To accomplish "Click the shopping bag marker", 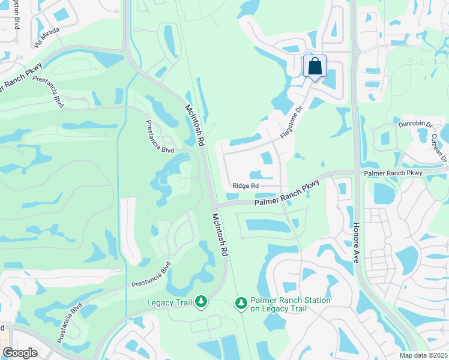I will [315, 67].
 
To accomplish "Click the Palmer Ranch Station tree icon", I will [241, 304].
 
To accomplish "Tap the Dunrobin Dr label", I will [415, 124].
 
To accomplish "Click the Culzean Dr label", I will [440, 144].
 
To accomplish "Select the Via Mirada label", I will [47, 37].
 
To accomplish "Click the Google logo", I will [20, 352].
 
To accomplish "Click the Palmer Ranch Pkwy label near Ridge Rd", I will [286, 195].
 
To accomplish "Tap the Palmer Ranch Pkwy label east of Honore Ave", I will [393, 173].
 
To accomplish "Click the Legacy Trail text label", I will [169, 302].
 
